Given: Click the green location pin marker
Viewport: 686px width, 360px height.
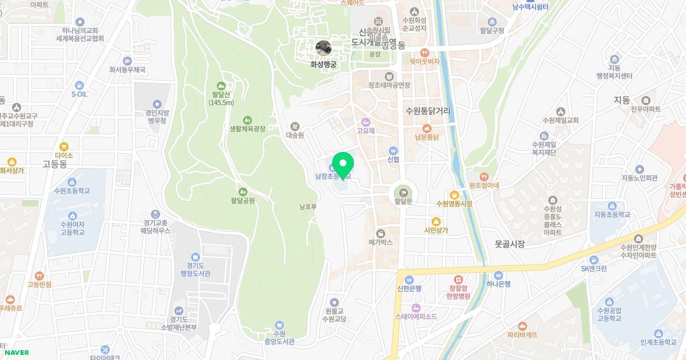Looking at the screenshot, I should [342, 166].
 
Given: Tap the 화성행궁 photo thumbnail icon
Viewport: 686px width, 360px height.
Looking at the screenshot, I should [324, 48].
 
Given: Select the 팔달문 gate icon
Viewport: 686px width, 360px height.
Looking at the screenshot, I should [404, 191].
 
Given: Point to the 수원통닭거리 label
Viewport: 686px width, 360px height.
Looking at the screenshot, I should [428, 111].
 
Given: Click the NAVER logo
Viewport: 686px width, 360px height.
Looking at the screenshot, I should [17, 353].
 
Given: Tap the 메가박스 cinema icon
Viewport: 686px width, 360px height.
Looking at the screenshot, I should [381, 233].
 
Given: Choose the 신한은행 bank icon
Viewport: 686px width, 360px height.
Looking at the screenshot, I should [409, 279].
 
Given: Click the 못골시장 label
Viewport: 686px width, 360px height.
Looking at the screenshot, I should [509, 244].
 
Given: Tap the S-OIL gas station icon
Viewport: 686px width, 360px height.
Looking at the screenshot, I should [79, 85].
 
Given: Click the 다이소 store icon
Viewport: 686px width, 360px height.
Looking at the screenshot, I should [64, 146].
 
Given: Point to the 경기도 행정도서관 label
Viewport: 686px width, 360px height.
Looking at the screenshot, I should [196, 269].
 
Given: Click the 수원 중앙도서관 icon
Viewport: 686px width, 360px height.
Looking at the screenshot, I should [280, 325].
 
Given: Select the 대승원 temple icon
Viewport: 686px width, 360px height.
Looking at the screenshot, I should [294, 126].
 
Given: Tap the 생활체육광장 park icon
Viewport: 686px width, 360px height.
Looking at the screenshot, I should [247, 120].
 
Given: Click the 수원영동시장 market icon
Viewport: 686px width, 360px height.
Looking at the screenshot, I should [454, 194].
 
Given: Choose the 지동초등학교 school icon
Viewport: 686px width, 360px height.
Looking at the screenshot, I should [612, 206].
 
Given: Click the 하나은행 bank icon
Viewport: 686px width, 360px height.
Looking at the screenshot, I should [498, 275].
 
